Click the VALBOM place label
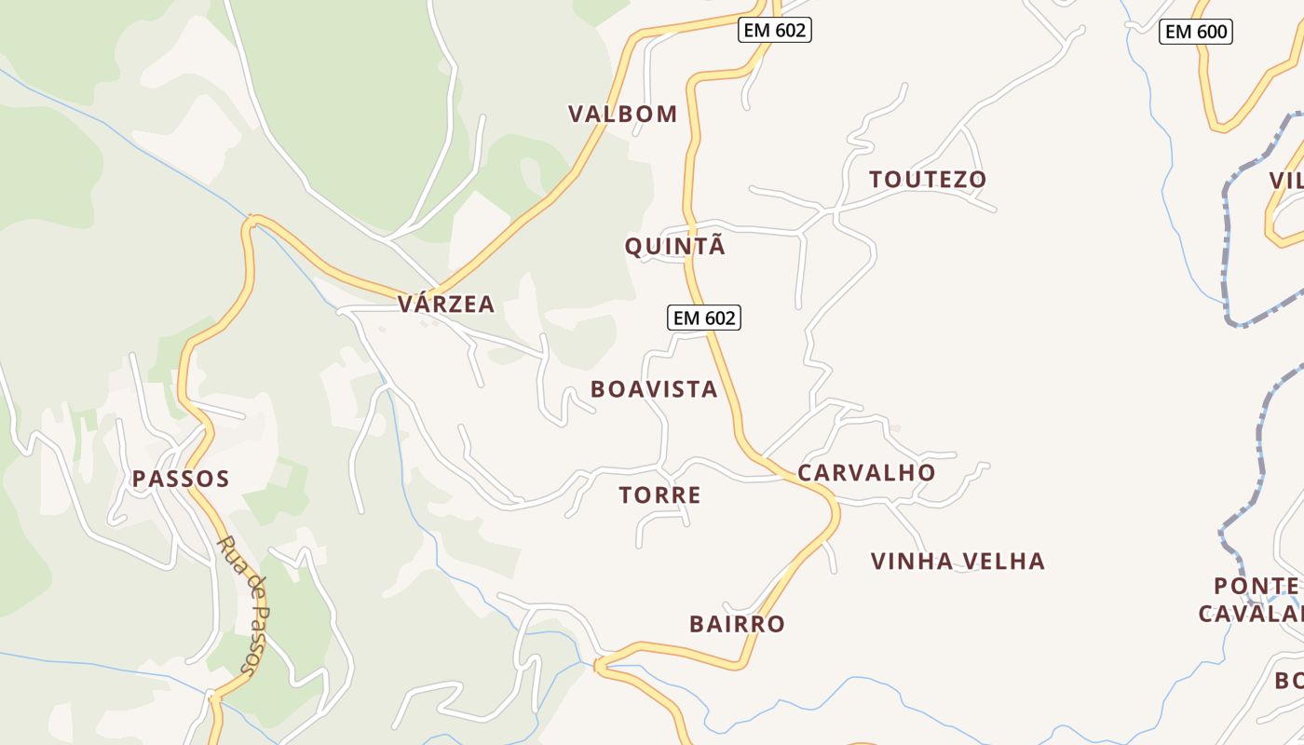pos(622,115)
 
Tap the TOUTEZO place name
pos(927,180)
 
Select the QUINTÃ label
pos(674,247)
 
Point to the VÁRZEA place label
pos(445,305)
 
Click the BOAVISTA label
pos(654,389)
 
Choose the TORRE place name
pos(659,495)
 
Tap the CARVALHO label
pos(866,473)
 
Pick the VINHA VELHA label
pos(958,562)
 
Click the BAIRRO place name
pos(737,624)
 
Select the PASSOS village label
pos(180,480)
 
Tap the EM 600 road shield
pos(1197,32)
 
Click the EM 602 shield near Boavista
pos(704,318)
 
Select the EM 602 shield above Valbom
pos(775,30)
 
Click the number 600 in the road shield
pos(1211,32)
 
